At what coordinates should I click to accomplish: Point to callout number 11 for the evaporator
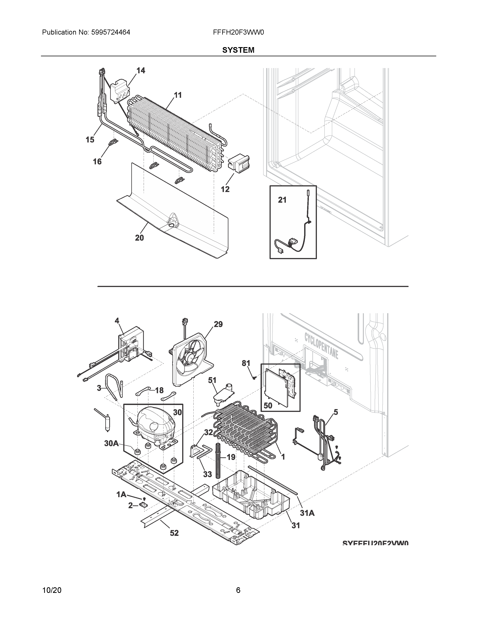click(x=178, y=95)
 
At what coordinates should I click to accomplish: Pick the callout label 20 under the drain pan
click(x=139, y=238)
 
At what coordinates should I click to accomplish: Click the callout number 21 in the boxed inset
click(x=282, y=200)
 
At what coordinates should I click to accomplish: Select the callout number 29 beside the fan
click(x=218, y=324)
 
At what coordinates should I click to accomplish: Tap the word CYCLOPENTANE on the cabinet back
click(x=321, y=346)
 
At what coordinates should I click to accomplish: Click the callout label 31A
click(x=307, y=513)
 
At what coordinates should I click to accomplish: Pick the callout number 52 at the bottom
click(x=174, y=533)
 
